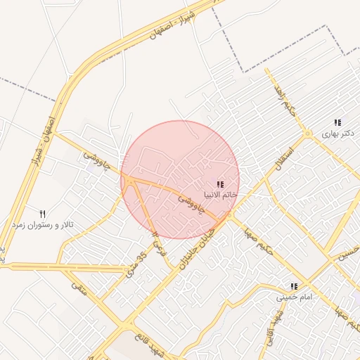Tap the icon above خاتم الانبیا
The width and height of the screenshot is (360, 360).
(220, 184)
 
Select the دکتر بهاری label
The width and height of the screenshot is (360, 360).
(338, 132)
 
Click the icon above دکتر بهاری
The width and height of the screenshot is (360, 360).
(338, 122)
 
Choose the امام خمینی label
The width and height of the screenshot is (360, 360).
(294, 297)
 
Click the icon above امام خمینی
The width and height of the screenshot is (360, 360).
(294, 287)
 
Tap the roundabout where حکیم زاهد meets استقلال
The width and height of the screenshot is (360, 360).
(307, 133)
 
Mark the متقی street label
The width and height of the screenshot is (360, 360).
(79, 287)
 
